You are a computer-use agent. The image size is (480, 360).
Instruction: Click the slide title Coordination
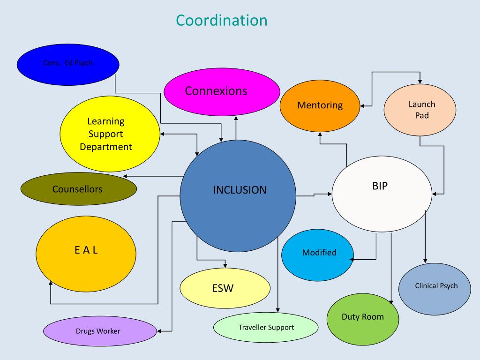point(222,20)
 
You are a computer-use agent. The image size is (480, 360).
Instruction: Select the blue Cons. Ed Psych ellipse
point(67,64)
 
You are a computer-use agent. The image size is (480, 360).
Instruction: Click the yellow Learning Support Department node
point(105,134)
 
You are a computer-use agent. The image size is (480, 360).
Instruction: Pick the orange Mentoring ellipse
point(320,105)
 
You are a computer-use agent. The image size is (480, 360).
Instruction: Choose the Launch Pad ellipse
point(420,110)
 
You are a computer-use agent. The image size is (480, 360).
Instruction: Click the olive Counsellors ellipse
point(78,189)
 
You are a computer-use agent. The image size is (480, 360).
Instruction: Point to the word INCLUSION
point(240,190)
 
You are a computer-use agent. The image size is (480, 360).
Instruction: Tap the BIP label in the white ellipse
point(379,185)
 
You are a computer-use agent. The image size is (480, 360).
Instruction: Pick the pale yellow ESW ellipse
point(225,288)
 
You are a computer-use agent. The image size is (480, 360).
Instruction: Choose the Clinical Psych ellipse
point(436,286)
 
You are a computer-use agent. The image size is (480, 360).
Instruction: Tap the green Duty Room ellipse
point(362,317)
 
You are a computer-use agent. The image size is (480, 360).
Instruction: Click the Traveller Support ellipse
point(266,327)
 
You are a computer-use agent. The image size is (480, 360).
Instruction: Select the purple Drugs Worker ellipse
point(99,331)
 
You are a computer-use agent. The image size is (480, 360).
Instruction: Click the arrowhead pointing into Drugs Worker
point(159,331)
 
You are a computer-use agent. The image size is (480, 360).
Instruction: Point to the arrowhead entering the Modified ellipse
point(352,259)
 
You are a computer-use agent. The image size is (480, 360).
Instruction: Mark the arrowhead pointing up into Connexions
point(236,118)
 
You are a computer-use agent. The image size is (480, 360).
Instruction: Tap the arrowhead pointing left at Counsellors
point(125,176)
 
